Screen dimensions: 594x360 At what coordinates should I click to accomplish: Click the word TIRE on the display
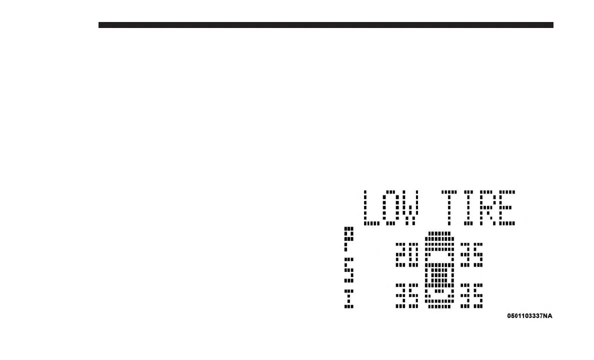pyautogui.click(x=478, y=207)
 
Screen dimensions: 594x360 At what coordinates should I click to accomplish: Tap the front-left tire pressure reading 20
pyautogui.click(x=406, y=254)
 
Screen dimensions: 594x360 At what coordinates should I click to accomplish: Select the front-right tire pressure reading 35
pyautogui.click(x=471, y=254)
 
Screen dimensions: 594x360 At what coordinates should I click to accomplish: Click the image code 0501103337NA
pyautogui.click(x=529, y=316)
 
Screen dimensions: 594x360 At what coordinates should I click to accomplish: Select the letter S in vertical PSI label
pyautogui.click(x=349, y=270)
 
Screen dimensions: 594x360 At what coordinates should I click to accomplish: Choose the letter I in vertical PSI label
pyautogui.click(x=349, y=299)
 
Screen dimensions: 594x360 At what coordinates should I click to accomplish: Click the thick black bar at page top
pyautogui.click(x=325, y=25)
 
